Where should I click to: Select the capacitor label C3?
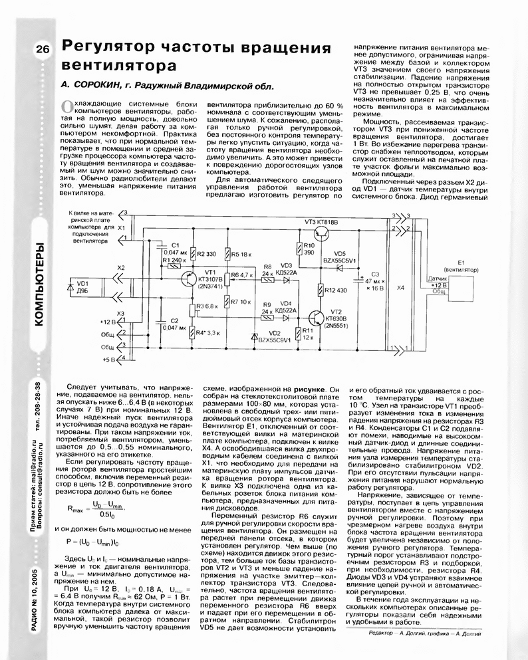click(375, 274)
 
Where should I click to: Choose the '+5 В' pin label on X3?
click(109, 359)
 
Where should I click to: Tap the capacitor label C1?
click(175, 245)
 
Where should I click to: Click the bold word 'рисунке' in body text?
click(309, 388)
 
